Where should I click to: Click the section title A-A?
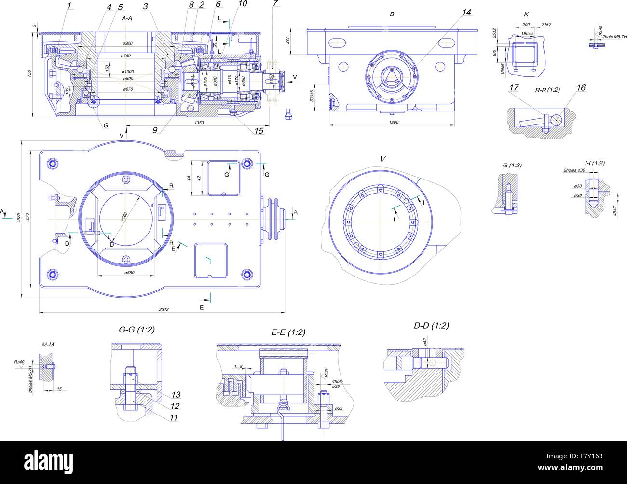point(127,18)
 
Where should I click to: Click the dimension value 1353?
point(199,123)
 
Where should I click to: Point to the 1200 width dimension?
point(393,123)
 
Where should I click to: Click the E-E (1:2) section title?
point(288,332)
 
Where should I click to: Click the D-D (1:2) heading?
point(431,326)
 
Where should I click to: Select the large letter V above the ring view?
point(382,159)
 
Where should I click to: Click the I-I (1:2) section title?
point(594,163)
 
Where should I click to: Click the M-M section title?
point(47,345)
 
